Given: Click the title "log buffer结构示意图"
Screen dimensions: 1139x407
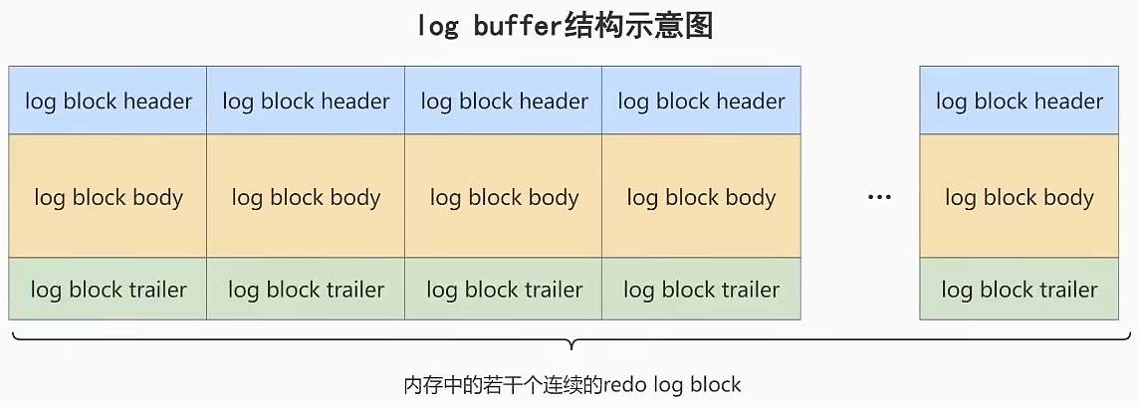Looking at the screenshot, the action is pyautogui.click(x=566, y=25).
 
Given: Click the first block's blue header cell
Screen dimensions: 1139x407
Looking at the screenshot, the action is pyautogui.click(x=108, y=101).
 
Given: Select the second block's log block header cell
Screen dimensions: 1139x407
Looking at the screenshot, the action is pyautogui.click(x=306, y=101).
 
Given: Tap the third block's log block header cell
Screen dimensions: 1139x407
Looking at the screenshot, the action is pyautogui.click(x=504, y=101).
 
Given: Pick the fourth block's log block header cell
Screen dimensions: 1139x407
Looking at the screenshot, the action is pyautogui.click(x=701, y=101).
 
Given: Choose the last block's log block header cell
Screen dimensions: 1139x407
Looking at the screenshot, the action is pyautogui.click(x=1019, y=101).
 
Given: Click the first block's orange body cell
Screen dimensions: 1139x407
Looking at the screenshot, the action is pyautogui.click(x=108, y=197).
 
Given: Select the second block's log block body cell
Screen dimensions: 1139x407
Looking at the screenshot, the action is pyautogui.click(x=306, y=197).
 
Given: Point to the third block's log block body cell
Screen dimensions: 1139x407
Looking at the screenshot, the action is pyautogui.click(x=504, y=197).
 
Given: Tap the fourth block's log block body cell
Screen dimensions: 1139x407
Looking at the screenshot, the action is pyautogui.click(x=701, y=197).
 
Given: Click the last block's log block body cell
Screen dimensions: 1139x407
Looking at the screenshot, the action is pyautogui.click(x=1019, y=197).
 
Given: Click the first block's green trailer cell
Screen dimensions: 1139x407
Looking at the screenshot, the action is pyautogui.click(x=108, y=290).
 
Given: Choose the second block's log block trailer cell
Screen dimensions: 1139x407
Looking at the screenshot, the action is pyautogui.click(x=306, y=290).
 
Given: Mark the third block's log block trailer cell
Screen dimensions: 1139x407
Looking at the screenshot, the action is pyautogui.click(x=504, y=290).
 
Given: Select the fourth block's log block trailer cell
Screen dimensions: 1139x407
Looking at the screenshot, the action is pyautogui.click(x=701, y=290).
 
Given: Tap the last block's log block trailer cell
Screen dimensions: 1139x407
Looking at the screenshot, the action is pyautogui.click(x=1019, y=290).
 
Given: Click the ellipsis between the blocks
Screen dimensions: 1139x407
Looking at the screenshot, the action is pyautogui.click(x=878, y=198).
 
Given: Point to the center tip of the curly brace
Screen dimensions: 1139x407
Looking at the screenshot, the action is pyautogui.click(x=570, y=347).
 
